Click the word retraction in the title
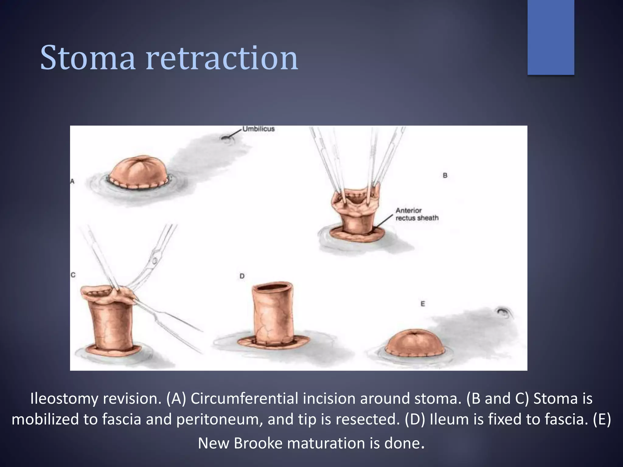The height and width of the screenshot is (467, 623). click(x=222, y=58)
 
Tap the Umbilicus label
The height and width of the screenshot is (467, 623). click(x=259, y=129)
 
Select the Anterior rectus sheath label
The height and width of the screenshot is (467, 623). click(x=417, y=214)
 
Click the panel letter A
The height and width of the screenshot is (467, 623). click(x=72, y=181)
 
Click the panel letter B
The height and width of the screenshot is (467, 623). click(x=445, y=175)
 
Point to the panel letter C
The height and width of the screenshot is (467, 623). click(x=73, y=275)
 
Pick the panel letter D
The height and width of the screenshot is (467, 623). click(x=242, y=276)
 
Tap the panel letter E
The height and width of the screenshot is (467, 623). click(x=423, y=304)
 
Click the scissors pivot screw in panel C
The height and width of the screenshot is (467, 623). click(x=155, y=261)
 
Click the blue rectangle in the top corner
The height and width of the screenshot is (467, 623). click(x=551, y=37)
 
